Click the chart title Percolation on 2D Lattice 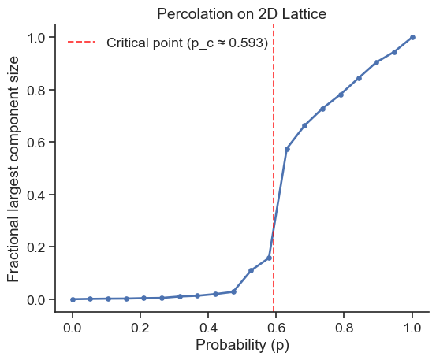click(x=241, y=14)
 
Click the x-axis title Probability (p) click(x=242, y=345)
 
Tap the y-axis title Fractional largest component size click(x=13, y=169)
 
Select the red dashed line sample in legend click(x=82, y=43)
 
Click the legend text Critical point click(x=144, y=43)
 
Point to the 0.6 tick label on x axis click(x=276, y=328)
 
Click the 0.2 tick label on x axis click(x=140, y=328)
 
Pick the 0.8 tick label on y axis click(x=36, y=90)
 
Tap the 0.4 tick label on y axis click(x=36, y=195)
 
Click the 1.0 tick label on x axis click(x=412, y=328)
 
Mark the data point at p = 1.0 click(x=412, y=37)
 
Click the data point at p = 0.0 click(x=73, y=299)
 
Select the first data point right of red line click(x=287, y=149)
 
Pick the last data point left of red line click(x=269, y=258)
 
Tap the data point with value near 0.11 click(x=251, y=270)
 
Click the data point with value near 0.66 click(x=305, y=125)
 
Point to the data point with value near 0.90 click(x=377, y=62)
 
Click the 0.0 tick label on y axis click(x=36, y=299)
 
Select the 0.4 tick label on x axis click(x=208, y=328)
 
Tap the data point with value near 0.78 click(x=341, y=95)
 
